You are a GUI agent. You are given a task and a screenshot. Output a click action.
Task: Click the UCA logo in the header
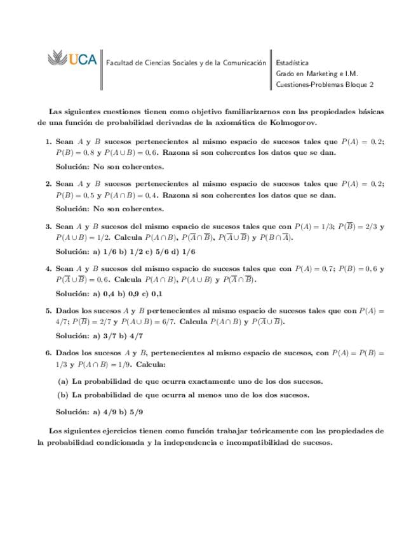point(72,60)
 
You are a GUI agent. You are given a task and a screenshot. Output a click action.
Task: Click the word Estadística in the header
point(292,63)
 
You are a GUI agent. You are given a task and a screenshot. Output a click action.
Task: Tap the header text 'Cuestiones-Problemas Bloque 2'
point(325,84)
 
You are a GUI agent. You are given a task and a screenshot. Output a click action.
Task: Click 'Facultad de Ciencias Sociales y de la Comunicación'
point(186,63)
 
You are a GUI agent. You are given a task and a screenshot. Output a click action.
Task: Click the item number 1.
point(48,141)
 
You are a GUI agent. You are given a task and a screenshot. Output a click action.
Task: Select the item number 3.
point(48,226)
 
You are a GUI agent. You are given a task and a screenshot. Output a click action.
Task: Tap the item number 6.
point(48,352)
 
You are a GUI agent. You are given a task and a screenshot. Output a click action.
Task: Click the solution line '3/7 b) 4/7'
point(117,336)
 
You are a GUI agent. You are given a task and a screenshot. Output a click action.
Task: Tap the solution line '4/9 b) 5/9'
point(117,412)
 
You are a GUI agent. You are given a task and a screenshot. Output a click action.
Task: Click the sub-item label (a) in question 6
point(62,381)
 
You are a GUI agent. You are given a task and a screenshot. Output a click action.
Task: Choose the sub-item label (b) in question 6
point(62,395)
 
